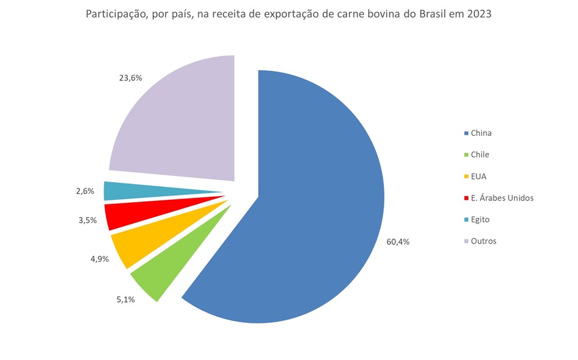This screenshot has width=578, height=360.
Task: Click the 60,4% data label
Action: pyautogui.click(x=398, y=241)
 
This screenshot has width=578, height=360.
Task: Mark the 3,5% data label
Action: pyautogui.click(x=87, y=220)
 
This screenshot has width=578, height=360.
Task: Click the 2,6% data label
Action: pyautogui.click(x=85, y=191)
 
